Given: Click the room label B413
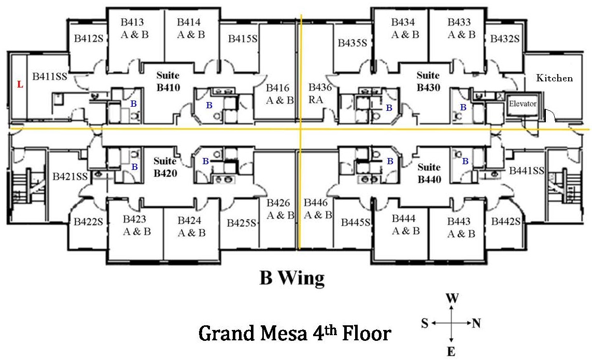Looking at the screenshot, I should point(132,22).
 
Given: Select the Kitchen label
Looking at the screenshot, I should point(554,78).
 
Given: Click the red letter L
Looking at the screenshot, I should point(20,84).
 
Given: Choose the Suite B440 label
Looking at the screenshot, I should point(429,174).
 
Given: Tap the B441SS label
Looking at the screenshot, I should point(526,170).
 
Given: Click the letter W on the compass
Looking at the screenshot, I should point(453,298).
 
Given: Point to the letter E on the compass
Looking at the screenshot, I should point(452,352).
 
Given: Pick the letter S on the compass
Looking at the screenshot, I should point(425,324).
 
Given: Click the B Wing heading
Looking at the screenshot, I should point(292,278).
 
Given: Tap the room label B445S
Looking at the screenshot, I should point(356,222).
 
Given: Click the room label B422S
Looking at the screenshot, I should point(89,222).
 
